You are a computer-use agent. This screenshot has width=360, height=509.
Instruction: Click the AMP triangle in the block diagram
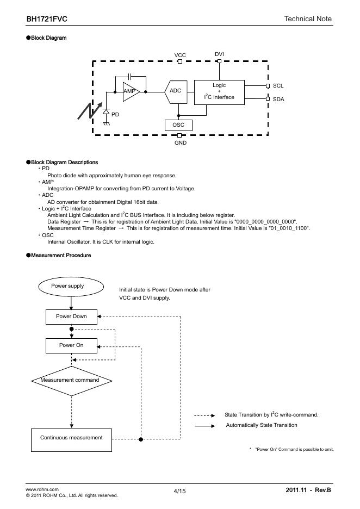click(131, 92)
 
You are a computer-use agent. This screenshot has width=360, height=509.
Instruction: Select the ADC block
click(175, 91)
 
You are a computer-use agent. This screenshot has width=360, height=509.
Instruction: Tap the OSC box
click(178, 125)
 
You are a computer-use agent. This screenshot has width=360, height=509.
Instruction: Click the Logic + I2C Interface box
click(219, 91)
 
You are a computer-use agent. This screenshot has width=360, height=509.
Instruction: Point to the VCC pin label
click(180, 55)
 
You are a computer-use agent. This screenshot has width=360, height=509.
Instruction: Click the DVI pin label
click(219, 54)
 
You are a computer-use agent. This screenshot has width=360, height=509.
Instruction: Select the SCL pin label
click(278, 86)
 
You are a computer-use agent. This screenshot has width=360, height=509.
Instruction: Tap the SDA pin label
click(278, 99)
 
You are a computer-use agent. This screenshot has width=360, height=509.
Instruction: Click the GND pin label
click(180, 142)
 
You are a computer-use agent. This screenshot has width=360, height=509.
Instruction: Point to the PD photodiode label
click(115, 115)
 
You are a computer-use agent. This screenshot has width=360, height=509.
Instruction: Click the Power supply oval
click(67, 286)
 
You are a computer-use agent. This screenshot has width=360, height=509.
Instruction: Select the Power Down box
click(71, 316)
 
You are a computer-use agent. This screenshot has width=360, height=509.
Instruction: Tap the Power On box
click(71, 345)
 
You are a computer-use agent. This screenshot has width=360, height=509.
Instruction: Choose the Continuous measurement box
click(71, 438)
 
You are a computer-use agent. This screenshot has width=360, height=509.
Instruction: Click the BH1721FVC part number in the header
click(47, 19)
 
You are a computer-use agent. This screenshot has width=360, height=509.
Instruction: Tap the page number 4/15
click(180, 492)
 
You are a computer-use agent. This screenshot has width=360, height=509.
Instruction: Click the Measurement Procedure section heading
click(61, 256)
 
